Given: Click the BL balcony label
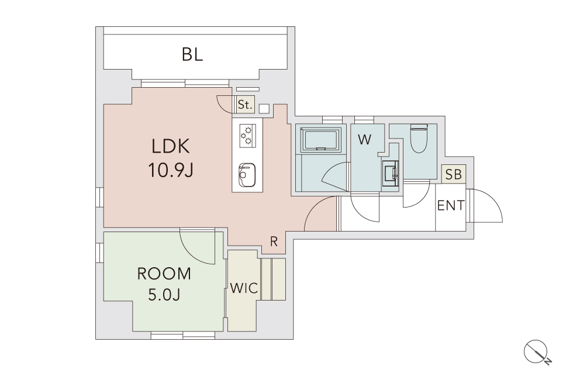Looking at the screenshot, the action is click(192, 55).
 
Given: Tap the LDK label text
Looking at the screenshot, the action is click(171, 147).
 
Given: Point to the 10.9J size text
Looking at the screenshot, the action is click(171, 170).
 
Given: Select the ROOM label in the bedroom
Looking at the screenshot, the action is click(164, 274).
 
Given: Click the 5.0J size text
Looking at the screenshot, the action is click(164, 295).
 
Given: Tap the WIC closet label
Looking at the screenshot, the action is click(244, 288).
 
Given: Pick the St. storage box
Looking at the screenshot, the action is click(245, 105).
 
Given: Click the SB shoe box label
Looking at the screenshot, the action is click(454, 175).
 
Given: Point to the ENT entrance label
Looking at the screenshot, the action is click(451, 206).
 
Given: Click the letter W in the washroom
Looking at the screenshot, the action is click(365, 139).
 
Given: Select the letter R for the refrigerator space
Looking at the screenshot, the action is click(274, 241).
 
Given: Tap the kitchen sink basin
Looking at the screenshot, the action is click(247, 174).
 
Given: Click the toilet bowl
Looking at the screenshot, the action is click(419, 139).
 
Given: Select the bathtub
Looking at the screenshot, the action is click(321, 139).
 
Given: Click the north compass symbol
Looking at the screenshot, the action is click(537, 352).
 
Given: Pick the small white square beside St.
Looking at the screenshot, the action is click(264, 109).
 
